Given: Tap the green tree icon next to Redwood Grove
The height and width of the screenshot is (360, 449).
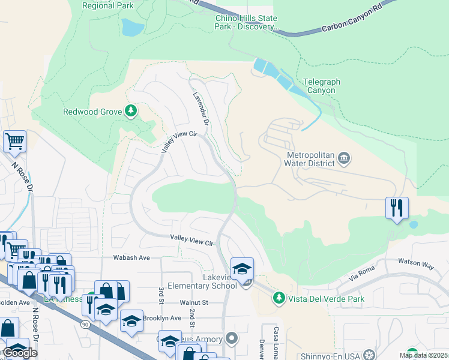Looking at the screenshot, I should (x=130, y=111).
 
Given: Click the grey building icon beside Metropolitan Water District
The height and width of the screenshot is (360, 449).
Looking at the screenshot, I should (x=344, y=158).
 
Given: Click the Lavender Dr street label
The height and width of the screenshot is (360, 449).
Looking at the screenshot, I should (x=200, y=108).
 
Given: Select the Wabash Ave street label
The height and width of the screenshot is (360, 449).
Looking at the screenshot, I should (x=131, y=257).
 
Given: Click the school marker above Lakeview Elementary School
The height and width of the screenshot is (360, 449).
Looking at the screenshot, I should (x=242, y=269).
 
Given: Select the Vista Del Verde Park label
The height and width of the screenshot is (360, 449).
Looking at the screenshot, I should (x=326, y=298).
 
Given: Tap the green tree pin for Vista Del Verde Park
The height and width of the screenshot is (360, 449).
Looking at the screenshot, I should (x=279, y=297).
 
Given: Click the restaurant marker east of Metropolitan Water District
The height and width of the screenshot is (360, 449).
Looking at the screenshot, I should (x=397, y=208).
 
